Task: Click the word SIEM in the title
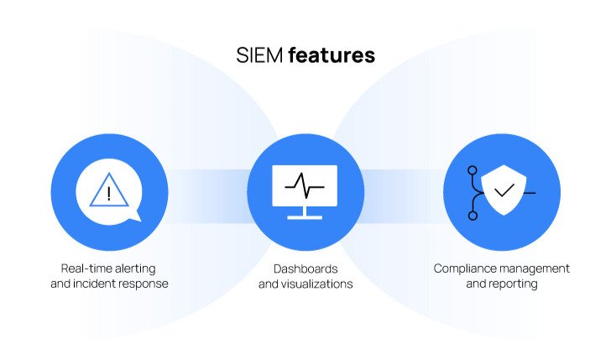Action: pyautogui.click(x=259, y=55)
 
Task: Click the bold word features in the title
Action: pyautogui.click(x=332, y=55)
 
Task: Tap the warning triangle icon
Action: pyautogui.click(x=109, y=190)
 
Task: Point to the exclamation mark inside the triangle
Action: pyautogui.click(x=109, y=194)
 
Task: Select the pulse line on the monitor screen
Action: pyautogui.click(x=305, y=185)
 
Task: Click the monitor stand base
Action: pyautogui.click(x=305, y=217)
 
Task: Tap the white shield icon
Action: pyautogui.click(x=504, y=190)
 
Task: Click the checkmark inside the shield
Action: pyautogui.click(x=504, y=191)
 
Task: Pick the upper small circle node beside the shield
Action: pyautogui.click(x=473, y=170)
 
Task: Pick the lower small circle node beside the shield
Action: pyautogui.click(x=473, y=216)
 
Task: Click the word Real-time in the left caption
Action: pyautogui.click(x=85, y=269)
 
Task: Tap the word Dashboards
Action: pyautogui.click(x=305, y=269)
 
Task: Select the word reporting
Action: pyautogui.click(x=515, y=284)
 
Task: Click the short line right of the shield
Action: pyautogui.click(x=530, y=193)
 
